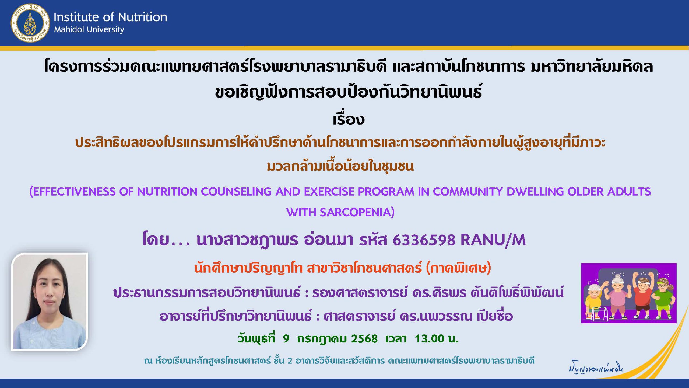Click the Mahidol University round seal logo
click(30, 23)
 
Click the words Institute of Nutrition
click(110, 17)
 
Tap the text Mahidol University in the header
click(89, 29)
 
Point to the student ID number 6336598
click(424, 240)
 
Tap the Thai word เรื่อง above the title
click(349, 119)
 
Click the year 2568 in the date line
click(364, 339)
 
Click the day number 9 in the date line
click(286, 339)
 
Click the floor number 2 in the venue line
click(290, 361)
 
